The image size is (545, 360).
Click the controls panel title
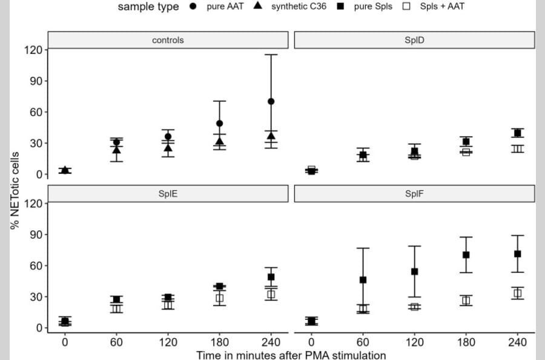pyautogui.click(x=168, y=41)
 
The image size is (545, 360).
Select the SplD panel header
pyautogui.click(x=414, y=41)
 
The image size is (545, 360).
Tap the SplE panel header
pyautogui.click(x=168, y=193)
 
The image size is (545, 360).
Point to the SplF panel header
pyautogui.click(x=414, y=193)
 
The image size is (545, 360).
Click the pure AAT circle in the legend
pyautogui.click(x=193, y=7)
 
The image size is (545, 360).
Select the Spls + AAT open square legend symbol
pyautogui.click(x=407, y=7)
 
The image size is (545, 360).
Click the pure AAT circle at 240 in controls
pyautogui.click(x=271, y=101)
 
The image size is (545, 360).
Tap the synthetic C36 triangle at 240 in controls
pyautogui.click(x=271, y=136)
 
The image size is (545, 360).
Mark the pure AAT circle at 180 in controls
pyautogui.click(x=219, y=123)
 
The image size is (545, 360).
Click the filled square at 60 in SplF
pyautogui.click(x=363, y=280)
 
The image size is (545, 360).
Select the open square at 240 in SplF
pyautogui.click(x=518, y=293)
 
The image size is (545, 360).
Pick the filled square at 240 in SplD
pyautogui.click(x=518, y=133)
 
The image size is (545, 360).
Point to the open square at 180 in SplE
pyautogui.click(x=219, y=298)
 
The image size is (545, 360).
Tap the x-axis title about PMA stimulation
pyautogui.click(x=291, y=355)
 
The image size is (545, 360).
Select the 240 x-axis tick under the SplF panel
pyautogui.click(x=518, y=342)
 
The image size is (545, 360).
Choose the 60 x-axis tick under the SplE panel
pyautogui.click(x=116, y=342)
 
